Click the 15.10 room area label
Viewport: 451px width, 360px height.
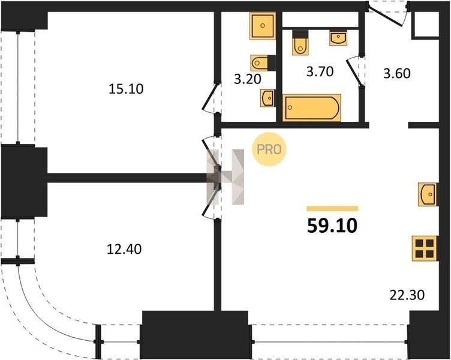pyautogui.click(x=126, y=89)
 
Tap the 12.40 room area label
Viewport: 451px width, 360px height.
pyautogui.click(x=124, y=249)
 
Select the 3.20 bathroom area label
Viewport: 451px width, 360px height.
pyautogui.click(x=247, y=79)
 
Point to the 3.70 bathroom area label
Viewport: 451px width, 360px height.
pyautogui.click(x=320, y=71)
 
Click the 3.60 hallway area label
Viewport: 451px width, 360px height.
pyautogui.click(x=396, y=73)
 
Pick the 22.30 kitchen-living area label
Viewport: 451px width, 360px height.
pyautogui.click(x=407, y=295)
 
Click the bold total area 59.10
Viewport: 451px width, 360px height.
pyautogui.click(x=332, y=226)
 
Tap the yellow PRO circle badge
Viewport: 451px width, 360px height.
pyautogui.click(x=269, y=149)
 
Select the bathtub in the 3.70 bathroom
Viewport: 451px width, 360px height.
pyautogui.click(x=311, y=107)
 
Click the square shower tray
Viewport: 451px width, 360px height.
pyautogui.click(x=263, y=25)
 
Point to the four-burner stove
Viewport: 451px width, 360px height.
pyautogui.click(x=425, y=248)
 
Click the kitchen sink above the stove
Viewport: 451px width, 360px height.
pyautogui.click(x=428, y=194)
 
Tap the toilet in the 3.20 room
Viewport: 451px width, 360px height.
pyautogui.click(x=262, y=63)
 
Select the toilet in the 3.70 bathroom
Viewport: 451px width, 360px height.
pyautogui.click(x=300, y=43)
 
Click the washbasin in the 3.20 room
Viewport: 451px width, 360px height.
pyautogui.click(x=267, y=98)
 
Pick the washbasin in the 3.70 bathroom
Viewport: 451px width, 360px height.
pyautogui.click(x=338, y=38)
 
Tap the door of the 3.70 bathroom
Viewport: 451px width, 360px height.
pyautogui.click(x=353, y=71)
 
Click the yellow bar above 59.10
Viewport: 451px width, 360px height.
pyautogui.click(x=332, y=209)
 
